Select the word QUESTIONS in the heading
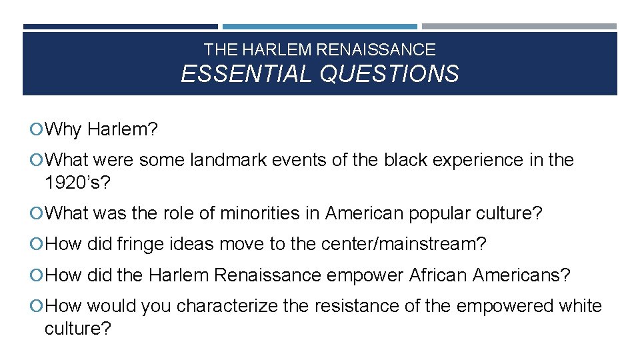coord(389,73)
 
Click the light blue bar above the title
coord(319,27)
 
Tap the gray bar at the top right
coord(519,27)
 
